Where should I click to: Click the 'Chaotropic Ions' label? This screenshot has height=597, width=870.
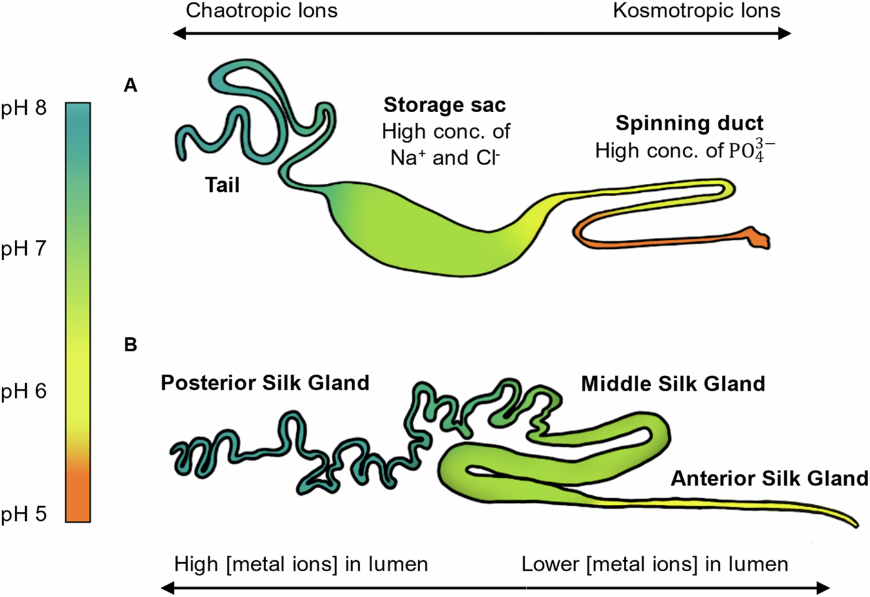[261, 11]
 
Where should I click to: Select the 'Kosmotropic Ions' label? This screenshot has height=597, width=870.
[696, 11]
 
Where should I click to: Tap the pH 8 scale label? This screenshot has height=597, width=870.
[24, 108]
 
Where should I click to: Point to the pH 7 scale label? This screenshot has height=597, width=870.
[24, 249]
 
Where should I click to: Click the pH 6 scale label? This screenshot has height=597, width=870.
[24, 391]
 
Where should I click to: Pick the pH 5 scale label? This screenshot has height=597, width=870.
[24, 514]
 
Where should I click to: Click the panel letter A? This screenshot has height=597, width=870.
[131, 86]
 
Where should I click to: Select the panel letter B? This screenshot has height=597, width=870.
[131, 346]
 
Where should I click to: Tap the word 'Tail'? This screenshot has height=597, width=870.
[222, 186]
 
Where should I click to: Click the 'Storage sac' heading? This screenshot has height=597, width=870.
[445, 105]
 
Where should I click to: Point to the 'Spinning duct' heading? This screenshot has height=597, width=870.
[690, 123]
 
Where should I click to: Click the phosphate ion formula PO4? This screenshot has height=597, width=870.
[751, 151]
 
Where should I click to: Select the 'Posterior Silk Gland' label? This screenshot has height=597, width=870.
[265, 383]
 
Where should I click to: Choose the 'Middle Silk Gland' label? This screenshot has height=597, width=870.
[673, 384]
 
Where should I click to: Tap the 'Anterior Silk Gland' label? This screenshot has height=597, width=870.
[769, 478]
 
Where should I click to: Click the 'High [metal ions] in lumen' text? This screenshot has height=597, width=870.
[301, 565]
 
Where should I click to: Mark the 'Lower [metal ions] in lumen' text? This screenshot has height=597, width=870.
[655, 565]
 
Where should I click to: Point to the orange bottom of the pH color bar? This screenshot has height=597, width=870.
[78, 496]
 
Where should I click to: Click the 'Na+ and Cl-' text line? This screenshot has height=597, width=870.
[445, 158]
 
